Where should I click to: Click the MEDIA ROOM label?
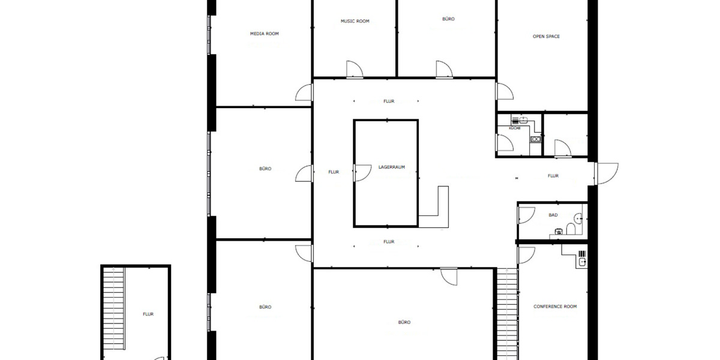point(264,34)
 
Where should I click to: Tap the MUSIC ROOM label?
point(355,21)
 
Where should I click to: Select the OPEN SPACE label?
point(546,37)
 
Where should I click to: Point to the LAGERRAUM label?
point(391,167)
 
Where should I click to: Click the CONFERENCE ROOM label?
point(555,307)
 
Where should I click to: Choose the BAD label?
point(553,215)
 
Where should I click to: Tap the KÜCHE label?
point(515,128)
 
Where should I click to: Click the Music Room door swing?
point(355,69)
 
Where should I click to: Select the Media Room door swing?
point(304,92)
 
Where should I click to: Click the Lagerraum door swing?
point(362,173)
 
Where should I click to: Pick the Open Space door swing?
point(505,91)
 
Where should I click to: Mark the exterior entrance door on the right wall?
point(606,173)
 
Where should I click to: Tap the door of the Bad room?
point(527,215)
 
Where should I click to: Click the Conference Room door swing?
point(527,255)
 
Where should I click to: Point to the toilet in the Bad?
point(571,229)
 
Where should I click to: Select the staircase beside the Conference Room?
point(507,314)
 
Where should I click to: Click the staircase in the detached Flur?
point(113,308)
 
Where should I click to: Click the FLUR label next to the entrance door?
point(553,176)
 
